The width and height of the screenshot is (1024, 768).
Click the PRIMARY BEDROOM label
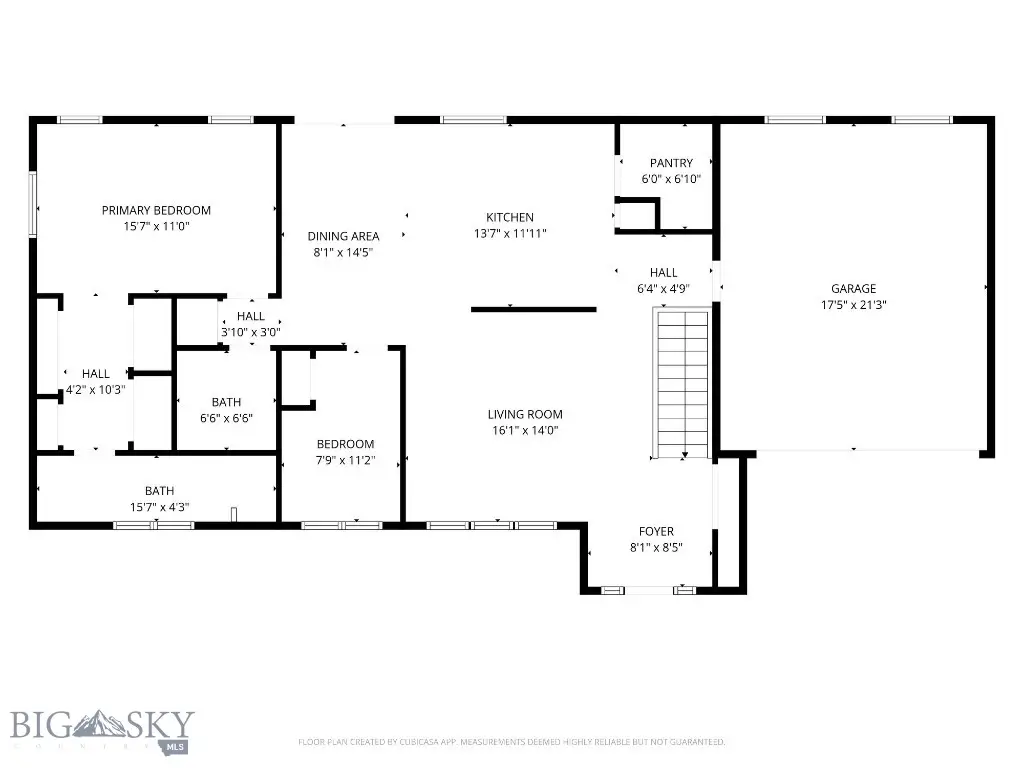coord(156,210)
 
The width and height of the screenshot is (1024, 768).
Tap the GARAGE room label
coord(853,288)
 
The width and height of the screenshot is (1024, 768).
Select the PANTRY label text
coord(670,163)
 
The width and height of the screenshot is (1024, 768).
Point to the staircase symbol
coord(683,383)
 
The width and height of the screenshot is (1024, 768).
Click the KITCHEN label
coord(510,217)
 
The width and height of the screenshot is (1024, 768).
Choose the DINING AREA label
coord(343,236)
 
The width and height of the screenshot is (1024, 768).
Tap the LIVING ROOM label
coord(525,414)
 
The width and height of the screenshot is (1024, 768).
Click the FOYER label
coord(656,531)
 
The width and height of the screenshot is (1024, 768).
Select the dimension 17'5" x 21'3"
coord(853,304)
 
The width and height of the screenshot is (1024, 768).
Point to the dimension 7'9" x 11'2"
coord(345,461)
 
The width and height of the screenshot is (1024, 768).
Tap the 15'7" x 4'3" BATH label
coord(159,491)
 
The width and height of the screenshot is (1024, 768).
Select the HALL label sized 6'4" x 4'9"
coord(663,272)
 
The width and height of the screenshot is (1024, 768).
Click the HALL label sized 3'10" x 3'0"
coord(251,316)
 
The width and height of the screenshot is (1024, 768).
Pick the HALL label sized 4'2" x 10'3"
coord(96,374)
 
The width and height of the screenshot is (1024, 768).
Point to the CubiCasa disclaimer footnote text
coord(511,742)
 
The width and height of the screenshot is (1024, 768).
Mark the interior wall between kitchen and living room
coord(534,309)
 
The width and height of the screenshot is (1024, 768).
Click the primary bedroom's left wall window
coord(33,205)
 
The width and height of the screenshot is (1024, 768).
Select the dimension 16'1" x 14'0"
coord(525,431)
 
